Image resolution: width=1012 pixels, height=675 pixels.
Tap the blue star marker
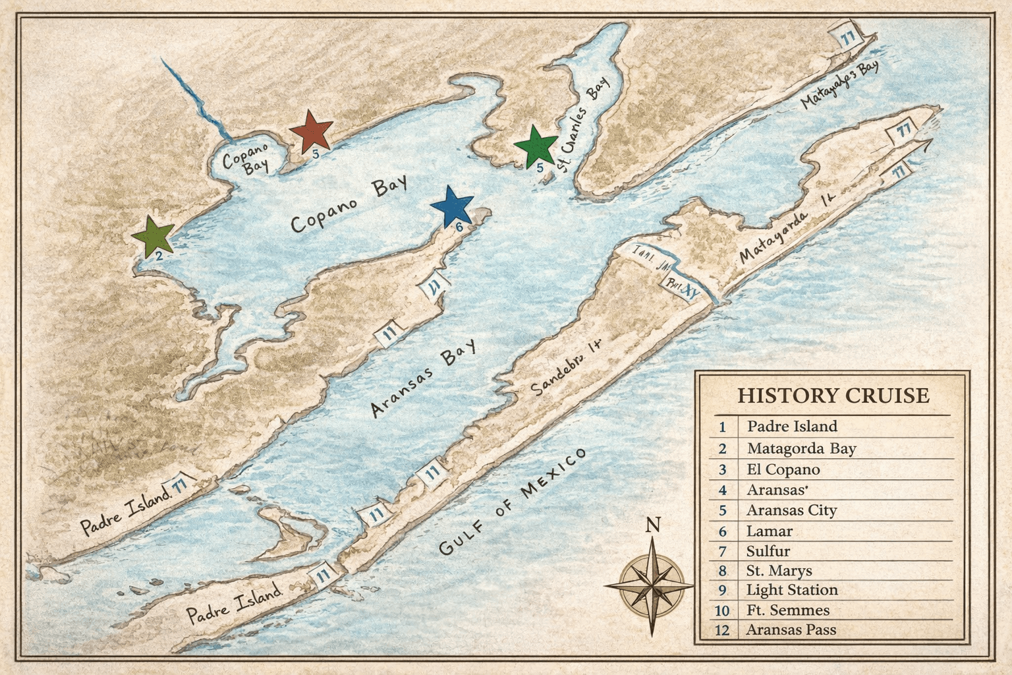[452, 206]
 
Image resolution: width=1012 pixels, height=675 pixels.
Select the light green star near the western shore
[153, 235]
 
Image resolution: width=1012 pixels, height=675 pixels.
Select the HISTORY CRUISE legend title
[833, 396]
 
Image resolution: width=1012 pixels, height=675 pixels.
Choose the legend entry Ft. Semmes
[787, 610]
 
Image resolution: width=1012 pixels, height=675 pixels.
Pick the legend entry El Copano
[783, 469]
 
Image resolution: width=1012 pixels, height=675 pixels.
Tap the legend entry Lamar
[769, 531]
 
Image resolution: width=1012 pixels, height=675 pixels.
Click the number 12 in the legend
[722, 630]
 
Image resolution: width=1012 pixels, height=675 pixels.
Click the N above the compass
[652, 525]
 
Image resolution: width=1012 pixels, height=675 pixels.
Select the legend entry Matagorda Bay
[801, 449]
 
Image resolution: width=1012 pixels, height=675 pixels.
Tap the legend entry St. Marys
[779, 570]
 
